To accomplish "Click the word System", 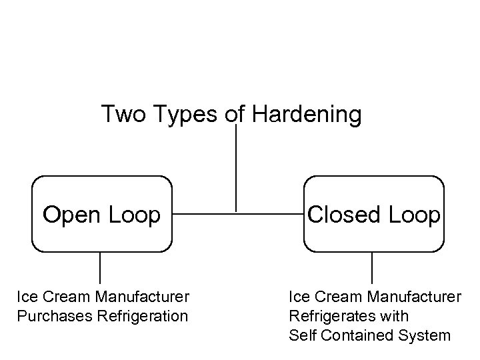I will point(424,335).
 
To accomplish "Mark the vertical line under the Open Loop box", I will point(100,268).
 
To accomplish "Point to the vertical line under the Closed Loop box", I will point(372,268).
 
